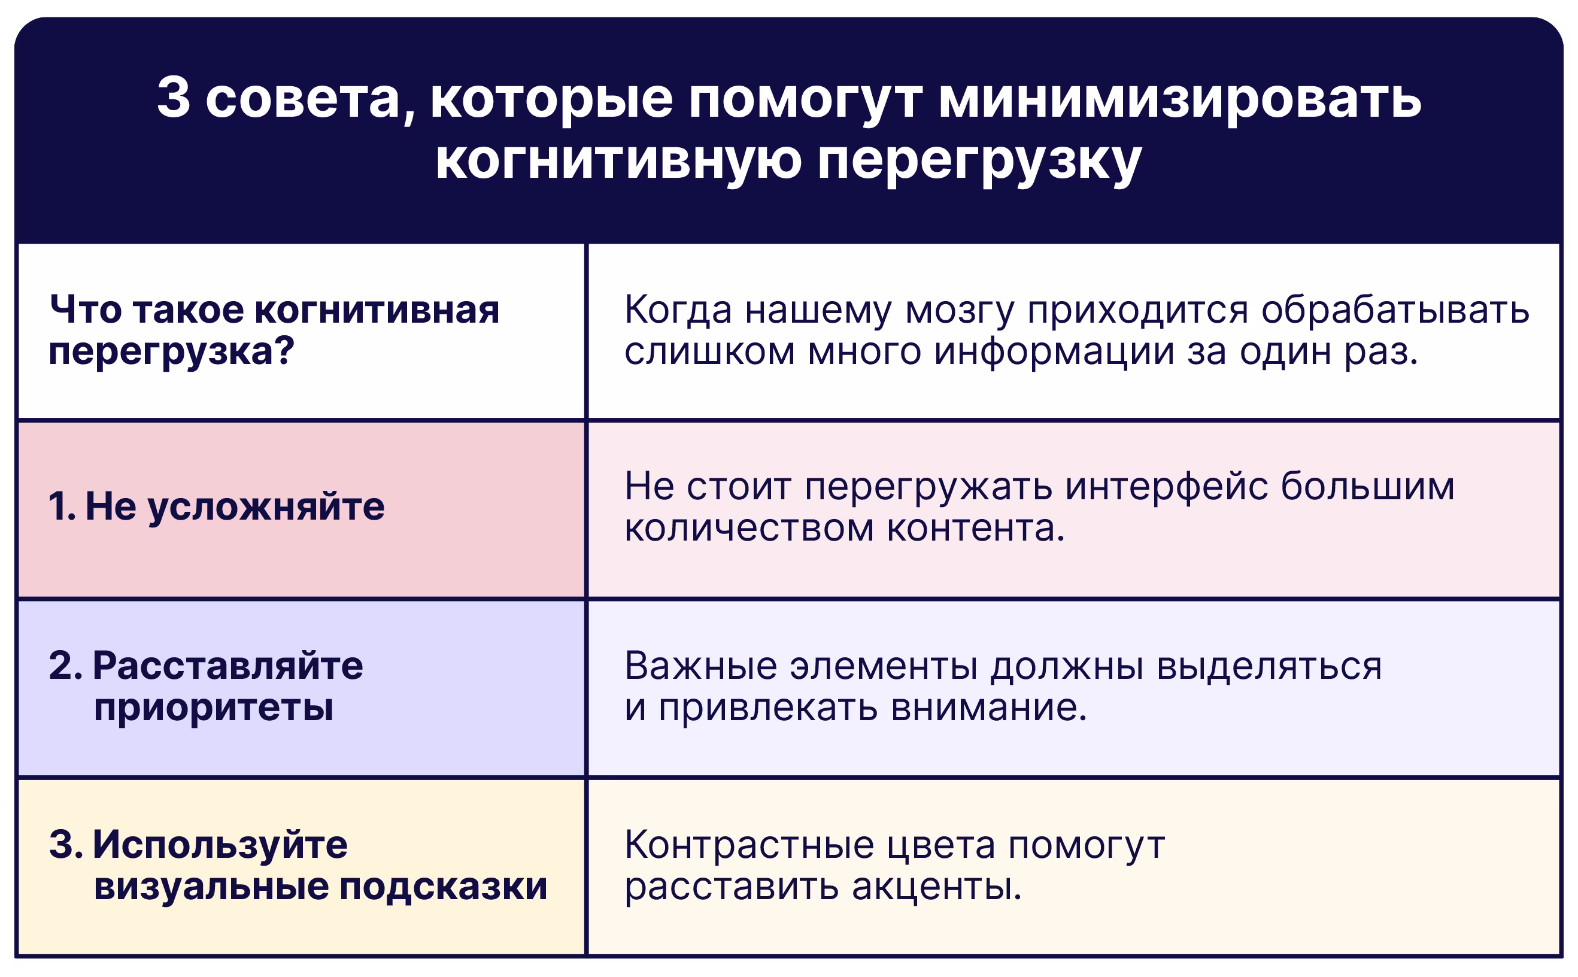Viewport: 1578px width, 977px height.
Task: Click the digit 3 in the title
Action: pyautogui.click(x=174, y=98)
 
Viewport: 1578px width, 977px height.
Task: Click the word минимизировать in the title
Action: pyautogui.click(x=1179, y=101)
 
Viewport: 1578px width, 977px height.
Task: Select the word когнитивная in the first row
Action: pyautogui.click(x=377, y=310)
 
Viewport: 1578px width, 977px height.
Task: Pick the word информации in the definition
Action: pyautogui.click(x=1054, y=353)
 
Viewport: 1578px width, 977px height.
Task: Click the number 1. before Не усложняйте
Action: pyautogui.click(x=63, y=506)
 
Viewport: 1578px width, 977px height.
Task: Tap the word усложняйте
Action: pyautogui.click(x=266, y=508)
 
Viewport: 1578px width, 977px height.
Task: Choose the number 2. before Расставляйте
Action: pyautogui.click(x=65, y=666)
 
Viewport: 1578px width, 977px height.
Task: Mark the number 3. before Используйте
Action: pyautogui.click(x=66, y=845)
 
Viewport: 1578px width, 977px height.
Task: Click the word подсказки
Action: pyautogui.click(x=443, y=887)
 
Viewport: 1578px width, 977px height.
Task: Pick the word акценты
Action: pyautogui.click(x=936, y=888)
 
